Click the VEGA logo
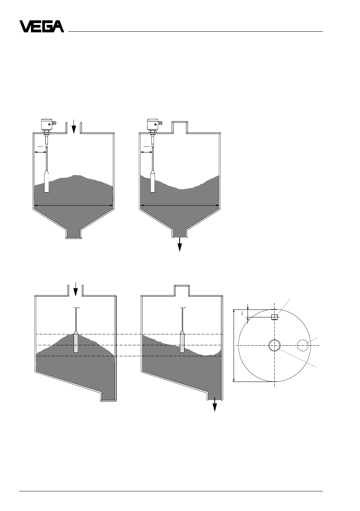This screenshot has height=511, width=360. click(42, 26)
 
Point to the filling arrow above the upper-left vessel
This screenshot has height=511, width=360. click(74, 126)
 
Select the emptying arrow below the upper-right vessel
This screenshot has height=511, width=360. click(180, 244)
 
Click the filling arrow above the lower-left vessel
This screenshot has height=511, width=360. click(75, 289)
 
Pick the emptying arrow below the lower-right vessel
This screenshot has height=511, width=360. click(215, 404)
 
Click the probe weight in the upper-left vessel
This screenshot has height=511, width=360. click(46, 182)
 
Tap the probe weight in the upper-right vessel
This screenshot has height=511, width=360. click(152, 182)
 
